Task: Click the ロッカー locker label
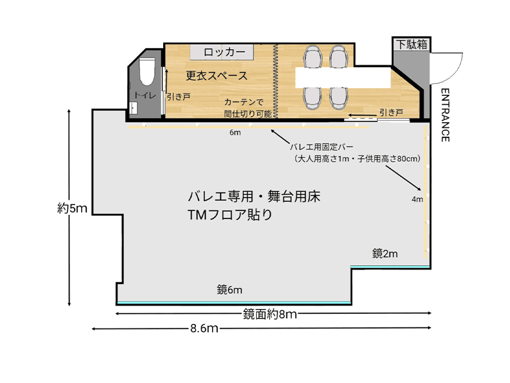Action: point(222,52)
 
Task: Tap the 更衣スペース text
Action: point(216,76)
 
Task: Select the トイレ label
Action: point(145,96)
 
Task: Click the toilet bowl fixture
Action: point(146,71)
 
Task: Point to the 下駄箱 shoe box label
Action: point(411,44)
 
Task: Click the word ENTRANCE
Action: point(445,115)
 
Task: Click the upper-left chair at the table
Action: point(313,57)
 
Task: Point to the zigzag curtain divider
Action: point(275,81)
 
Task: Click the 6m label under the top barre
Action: point(235,133)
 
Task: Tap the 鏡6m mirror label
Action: point(230,290)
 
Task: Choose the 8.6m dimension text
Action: point(204,328)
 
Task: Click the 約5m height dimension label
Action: point(72,209)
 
